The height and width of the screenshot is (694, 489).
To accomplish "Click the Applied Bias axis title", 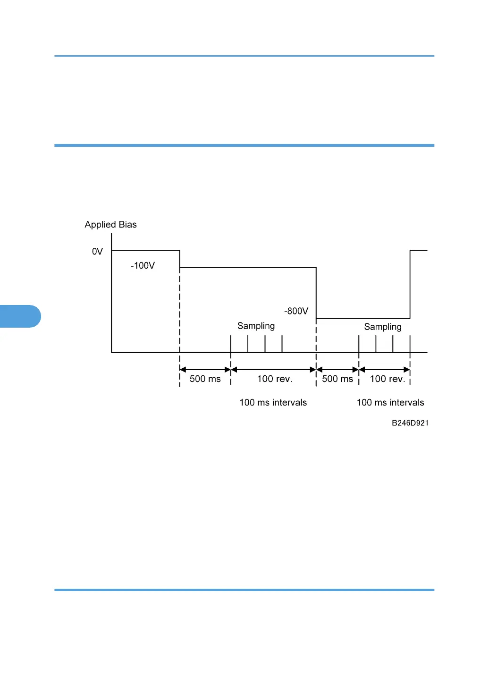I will [x=110, y=225].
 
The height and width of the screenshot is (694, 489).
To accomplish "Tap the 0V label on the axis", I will [x=97, y=252].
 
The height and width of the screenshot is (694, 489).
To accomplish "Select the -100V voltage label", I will [x=143, y=266].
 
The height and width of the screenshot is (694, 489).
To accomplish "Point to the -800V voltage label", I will [x=296, y=311].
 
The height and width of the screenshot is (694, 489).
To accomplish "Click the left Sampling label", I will [x=256, y=326].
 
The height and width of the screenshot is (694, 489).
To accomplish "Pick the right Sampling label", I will [x=382, y=327].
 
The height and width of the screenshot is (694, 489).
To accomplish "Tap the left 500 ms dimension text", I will [x=205, y=379].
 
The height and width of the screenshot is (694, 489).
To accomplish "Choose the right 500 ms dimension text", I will [x=337, y=379].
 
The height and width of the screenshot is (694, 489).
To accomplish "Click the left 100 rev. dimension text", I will [x=274, y=379].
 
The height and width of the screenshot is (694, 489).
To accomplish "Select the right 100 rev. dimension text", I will [x=387, y=379].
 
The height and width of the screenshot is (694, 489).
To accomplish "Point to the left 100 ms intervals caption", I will [x=273, y=403].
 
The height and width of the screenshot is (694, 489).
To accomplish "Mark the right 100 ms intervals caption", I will [x=390, y=403].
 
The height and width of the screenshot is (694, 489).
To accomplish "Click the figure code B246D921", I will [x=410, y=423].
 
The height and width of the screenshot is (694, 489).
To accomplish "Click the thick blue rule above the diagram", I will [x=244, y=145].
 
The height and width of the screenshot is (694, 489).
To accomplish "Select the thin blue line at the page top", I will [x=244, y=56].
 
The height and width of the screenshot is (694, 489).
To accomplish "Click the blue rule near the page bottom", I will [x=244, y=590].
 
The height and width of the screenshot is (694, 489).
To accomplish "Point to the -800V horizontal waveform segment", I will [x=363, y=319].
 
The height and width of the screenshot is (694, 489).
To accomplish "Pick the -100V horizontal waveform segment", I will [x=248, y=268].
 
